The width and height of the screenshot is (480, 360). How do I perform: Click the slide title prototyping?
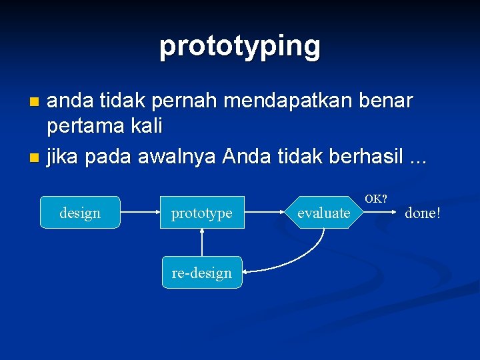pos(240,47)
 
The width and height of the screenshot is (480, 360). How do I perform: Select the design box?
pos(80,213)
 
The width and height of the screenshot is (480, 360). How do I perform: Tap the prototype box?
pos(202,213)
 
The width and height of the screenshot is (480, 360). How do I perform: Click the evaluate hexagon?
pos(323,213)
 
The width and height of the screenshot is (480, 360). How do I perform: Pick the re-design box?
pos(202,272)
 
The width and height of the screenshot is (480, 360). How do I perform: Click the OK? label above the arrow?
pos(376,199)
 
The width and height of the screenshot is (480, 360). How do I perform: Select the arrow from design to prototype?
pos(140,213)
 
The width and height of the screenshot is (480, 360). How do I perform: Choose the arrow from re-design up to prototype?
pos(202,243)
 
